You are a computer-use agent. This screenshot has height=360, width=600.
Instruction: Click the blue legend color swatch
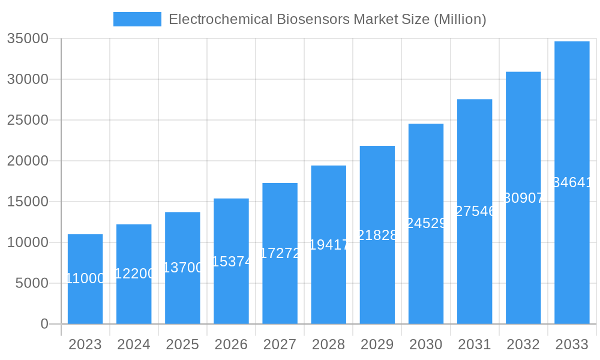coord(137,19)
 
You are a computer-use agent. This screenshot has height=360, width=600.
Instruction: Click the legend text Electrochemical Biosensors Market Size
coord(327,19)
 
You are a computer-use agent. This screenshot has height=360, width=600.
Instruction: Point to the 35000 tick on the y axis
coord(27,39)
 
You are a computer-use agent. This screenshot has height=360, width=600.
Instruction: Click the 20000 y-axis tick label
coord(27,161)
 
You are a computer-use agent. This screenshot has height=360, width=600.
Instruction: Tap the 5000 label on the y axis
coord(31,283)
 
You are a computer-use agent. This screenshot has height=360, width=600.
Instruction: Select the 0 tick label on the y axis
coord(44,324)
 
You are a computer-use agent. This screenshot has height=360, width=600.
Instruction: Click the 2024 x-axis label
coord(134,344)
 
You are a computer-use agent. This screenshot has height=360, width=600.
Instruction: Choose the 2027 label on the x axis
coord(280,344)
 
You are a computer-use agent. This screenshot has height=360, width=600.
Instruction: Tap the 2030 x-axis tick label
coord(426,344)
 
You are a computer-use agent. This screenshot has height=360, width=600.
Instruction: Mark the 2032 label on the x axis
coord(523,344)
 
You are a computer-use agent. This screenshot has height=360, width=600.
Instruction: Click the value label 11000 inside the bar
coord(85,278)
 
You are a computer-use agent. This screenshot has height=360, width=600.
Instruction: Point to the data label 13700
coord(182,268)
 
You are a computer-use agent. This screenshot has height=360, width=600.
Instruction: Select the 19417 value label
coord(329,245)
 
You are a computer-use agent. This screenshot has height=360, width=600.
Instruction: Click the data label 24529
coord(426,223)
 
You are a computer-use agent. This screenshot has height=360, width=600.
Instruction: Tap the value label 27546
coord(475,211)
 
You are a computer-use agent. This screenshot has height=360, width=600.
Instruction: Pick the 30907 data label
coord(523,198)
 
